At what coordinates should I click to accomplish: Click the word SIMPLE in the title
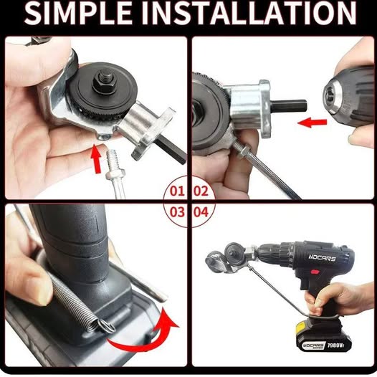coord(78,14)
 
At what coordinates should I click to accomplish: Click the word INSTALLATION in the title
coord(249,14)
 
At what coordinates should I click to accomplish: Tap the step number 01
coord(178,191)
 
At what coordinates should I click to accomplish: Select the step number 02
coord(201,191)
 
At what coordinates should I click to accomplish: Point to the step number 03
coord(178,212)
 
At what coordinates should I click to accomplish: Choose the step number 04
coord(201,212)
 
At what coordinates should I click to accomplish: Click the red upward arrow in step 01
coord(96,158)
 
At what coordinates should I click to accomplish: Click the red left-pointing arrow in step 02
coord(312,123)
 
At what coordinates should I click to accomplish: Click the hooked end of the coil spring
coord(106,325)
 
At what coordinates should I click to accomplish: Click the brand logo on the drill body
coord(322,258)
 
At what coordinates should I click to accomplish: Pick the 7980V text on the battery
coord(335,345)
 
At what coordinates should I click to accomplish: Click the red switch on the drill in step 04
coord(315,272)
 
